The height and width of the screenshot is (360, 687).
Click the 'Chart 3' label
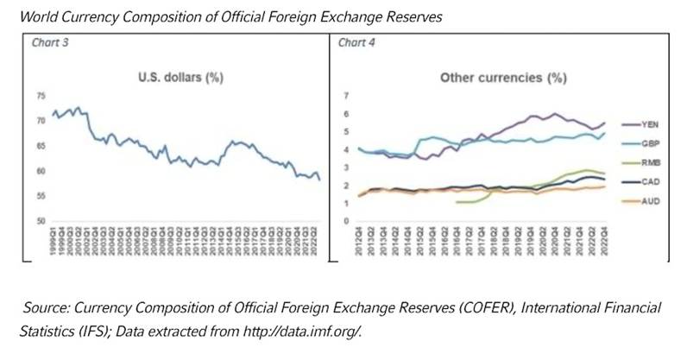coord(49,43)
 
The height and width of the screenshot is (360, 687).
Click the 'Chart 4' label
coord(354,43)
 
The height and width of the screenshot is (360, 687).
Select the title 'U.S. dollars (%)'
coord(181,78)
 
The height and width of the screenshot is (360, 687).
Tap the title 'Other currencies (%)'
coord(503,78)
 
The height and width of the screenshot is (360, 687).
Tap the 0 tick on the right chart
coord(345,221)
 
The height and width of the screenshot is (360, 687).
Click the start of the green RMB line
coord(455,201)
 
